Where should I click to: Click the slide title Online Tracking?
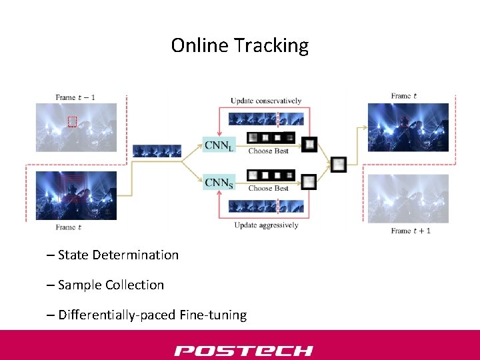(240, 45)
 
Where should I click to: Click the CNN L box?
(219, 144)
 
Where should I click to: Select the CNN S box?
(219, 182)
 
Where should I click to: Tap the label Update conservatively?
(266, 101)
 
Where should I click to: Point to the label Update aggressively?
(266, 225)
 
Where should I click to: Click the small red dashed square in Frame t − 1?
(73, 121)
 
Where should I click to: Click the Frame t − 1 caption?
(75, 97)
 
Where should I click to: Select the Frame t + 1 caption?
(411, 231)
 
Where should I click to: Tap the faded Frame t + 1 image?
(409, 199)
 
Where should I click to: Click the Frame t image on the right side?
(409, 127)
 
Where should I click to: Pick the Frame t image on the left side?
(75, 195)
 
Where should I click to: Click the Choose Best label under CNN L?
(268, 151)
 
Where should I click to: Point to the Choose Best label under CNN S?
(268, 189)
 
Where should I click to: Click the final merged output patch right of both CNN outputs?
(339, 163)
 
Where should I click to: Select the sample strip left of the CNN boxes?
(157, 151)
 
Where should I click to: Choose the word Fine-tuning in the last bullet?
(213, 315)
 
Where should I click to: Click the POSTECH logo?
(243, 350)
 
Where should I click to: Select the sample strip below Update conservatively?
(266, 119)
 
